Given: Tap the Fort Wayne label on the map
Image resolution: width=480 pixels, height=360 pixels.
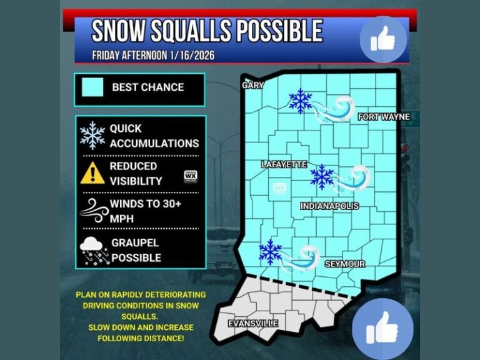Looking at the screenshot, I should [384, 117].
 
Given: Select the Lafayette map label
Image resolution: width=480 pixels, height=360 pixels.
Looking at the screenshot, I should [284, 164].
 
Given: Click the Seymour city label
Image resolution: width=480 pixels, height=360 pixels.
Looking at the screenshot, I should [344, 264].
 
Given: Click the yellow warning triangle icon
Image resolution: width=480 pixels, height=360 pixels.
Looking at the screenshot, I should [92, 172].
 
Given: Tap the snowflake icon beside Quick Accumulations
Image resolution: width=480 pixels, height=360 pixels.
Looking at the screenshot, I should [92, 135].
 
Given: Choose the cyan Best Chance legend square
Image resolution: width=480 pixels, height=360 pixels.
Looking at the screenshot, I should [92, 87].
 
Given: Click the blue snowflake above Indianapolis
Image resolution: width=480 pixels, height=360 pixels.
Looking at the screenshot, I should [322, 177].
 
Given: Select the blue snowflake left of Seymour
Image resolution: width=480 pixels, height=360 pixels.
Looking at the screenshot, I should [271, 251].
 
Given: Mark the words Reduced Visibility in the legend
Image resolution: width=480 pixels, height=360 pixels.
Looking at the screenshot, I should [135, 174].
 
